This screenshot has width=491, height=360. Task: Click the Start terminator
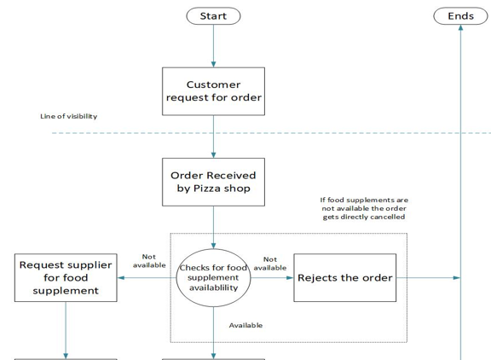(213, 16)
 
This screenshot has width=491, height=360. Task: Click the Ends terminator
(460, 16)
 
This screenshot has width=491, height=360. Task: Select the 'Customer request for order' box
(213, 91)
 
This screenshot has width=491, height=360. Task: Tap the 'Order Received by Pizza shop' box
(213, 182)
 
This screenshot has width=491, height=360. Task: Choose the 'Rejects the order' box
(344, 277)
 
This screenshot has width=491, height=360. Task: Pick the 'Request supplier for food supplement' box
(66, 277)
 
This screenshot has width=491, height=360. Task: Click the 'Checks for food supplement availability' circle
(213, 277)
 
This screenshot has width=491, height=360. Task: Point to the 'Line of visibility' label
(68, 116)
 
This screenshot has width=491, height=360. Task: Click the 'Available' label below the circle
(245, 325)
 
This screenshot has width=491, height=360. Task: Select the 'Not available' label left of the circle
(149, 261)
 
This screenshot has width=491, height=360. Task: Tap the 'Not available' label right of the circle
(270, 264)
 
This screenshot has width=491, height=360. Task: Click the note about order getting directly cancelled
(364, 208)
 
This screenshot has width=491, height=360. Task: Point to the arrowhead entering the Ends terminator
(460, 27)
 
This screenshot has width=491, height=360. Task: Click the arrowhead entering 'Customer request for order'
(214, 65)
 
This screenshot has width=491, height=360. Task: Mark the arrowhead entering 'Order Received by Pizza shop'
(214, 155)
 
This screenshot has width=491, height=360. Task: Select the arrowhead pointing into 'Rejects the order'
(291, 277)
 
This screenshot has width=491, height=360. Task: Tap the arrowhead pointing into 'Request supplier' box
(120, 277)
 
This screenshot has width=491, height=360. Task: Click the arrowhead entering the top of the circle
(214, 246)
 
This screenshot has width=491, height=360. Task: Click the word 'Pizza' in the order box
(207, 189)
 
